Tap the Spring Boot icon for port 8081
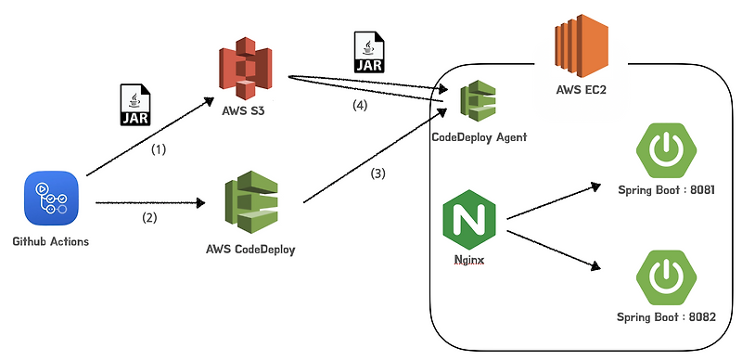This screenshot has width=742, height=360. [665, 148]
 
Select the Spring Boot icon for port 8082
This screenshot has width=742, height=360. [665, 279]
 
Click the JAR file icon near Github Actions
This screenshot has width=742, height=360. [135, 105]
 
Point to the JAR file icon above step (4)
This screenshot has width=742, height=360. [368, 52]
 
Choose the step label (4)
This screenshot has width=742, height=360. [359, 106]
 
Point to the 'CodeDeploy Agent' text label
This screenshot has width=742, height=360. [480, 137]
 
